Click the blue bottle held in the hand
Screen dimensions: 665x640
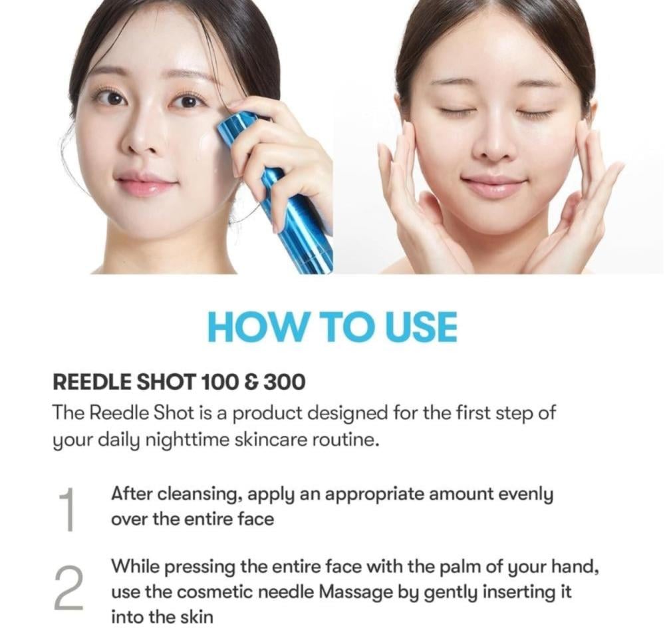(x=276, y=191)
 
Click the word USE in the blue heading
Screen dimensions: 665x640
(x=420, y=327)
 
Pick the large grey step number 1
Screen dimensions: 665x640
(x=68, y=509)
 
